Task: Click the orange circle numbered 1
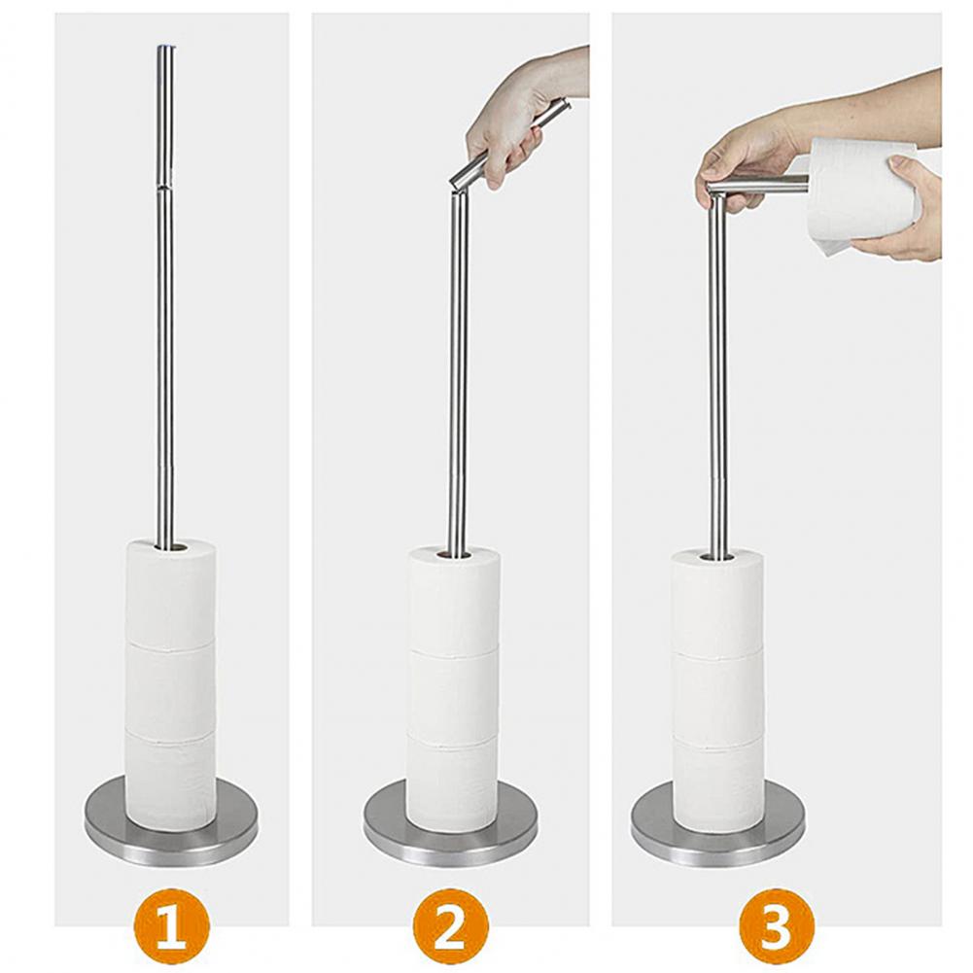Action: pos(171,927)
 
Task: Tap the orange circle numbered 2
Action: pos(451,927)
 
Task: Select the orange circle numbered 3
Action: pos(777,927)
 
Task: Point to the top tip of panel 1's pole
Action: pos(165,46)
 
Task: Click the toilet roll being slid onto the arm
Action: pos(859,193)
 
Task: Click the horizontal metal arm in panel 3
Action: pos(758,184)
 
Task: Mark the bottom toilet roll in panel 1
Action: pos(171,782)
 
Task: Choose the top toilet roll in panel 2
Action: pos(453,599)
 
